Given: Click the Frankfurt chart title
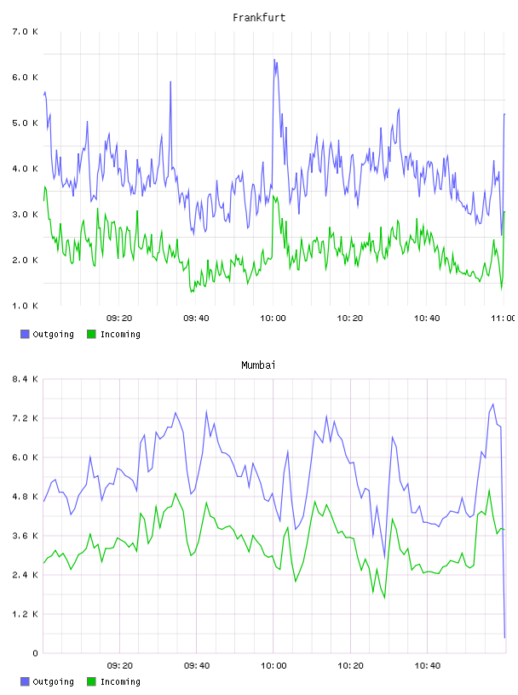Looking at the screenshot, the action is tap(259, 18).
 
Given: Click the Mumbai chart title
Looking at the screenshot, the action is tap(258, 365).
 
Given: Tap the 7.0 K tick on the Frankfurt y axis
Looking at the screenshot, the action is tap(25, 32).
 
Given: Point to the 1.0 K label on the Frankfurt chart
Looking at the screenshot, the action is tap(25, 306).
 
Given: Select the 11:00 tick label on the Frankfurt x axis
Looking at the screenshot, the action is tap(503, 319).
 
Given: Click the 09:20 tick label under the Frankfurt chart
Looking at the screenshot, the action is tap(119, 319).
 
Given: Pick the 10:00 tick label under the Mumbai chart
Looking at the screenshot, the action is tap(273, 666).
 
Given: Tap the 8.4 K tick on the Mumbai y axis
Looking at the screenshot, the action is tap(25, 379).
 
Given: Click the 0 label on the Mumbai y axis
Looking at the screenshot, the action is tap(35, 653).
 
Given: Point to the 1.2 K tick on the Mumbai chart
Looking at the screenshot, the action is tap(25, 614).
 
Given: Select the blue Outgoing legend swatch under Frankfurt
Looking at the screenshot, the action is tap(25, 334).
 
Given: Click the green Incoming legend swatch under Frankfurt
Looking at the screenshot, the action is tap(91, 334).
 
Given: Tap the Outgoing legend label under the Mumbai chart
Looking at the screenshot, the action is tap(53, 682).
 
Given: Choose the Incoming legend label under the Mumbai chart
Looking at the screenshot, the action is tap(120, 682).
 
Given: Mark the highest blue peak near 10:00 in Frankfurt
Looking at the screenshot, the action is tap(274, 60).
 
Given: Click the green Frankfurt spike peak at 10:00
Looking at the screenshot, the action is tap(273, 196).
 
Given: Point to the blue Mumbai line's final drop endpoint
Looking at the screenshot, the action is tap(504, 638).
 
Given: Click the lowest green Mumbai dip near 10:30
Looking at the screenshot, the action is tap(384, 599).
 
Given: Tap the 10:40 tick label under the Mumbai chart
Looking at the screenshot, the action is tap(428, 666).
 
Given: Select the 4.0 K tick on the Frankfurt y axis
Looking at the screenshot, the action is tap(25, 169).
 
